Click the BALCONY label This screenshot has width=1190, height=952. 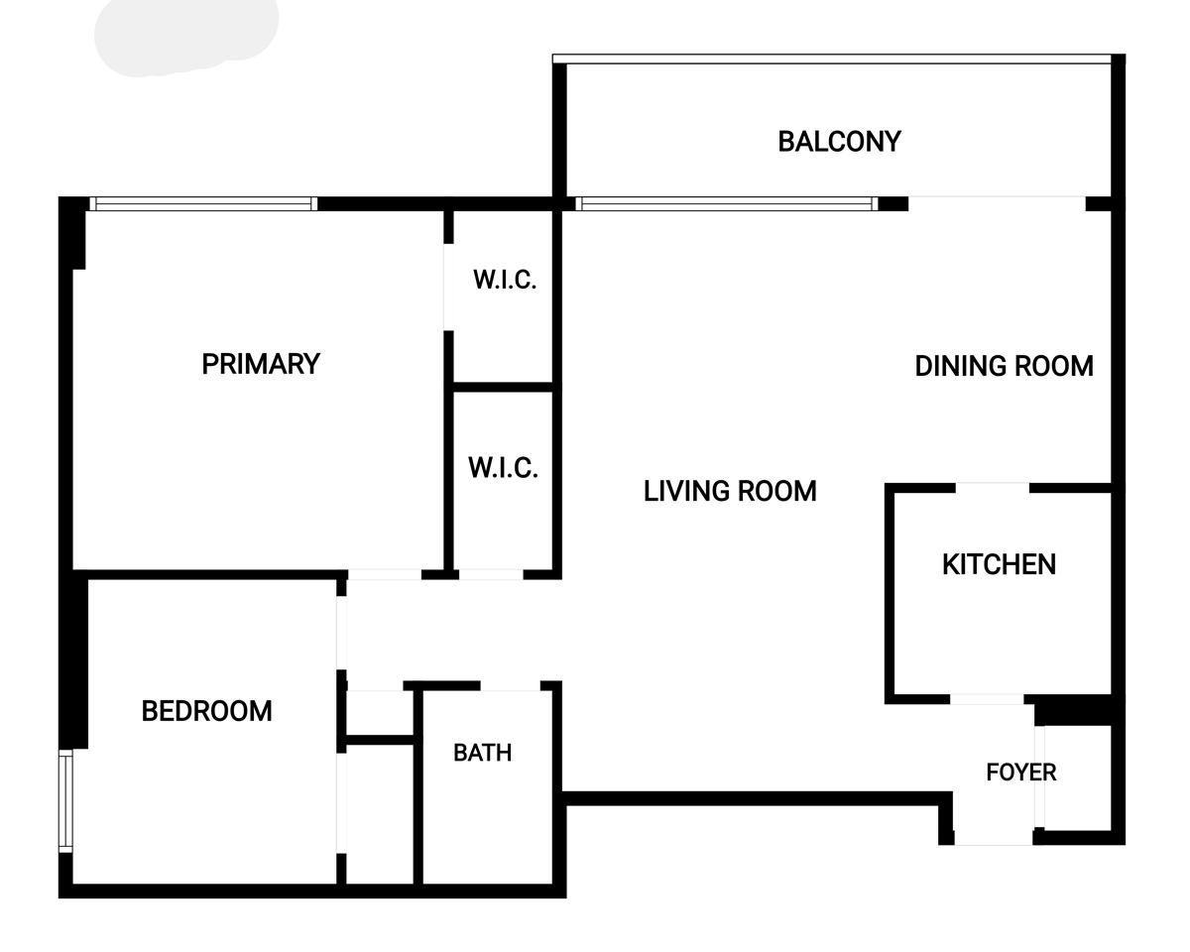click(839, 142)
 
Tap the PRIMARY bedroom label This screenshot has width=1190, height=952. click(261, 364)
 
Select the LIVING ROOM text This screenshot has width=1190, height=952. click(730, 491)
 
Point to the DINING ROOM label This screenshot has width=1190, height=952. click(1005, 366)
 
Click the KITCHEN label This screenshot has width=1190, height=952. click(1000, 565)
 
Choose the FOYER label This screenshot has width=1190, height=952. click(1021, 773)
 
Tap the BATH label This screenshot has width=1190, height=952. click(483, 753)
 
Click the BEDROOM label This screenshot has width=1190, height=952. click(207, 711)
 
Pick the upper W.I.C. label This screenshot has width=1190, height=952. click(505, 280)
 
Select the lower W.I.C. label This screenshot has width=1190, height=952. click(503, 468)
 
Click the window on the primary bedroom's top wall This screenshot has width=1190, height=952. click(203, 204)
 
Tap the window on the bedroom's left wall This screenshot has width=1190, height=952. click(65, 801)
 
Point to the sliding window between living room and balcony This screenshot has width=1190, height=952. click(727, 204)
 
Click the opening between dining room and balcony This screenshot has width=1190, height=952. click(997, 204)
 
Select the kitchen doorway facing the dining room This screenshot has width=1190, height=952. click(993, 488)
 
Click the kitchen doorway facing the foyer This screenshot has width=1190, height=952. click(987, 699)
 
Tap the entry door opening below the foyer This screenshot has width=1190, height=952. click(993, 838)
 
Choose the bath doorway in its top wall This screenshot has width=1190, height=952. click(510, 686)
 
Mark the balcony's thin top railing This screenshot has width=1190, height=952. click(832, 59)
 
